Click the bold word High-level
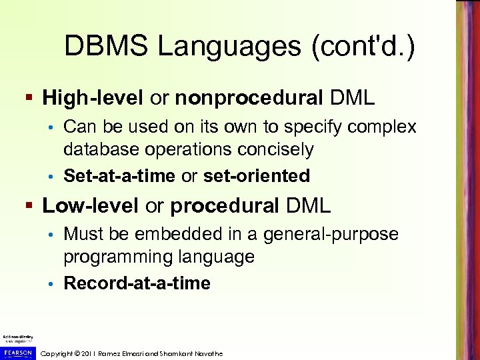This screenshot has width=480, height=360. [x=93, y=98]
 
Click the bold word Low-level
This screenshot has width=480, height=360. [x=91, y=205]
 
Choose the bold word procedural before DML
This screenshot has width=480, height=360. [x=225, y=205]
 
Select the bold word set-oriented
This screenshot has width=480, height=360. [x=257, y=176]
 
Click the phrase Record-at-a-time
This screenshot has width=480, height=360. [x=137, y=283]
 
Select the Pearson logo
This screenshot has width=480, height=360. [x=17, y=353]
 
